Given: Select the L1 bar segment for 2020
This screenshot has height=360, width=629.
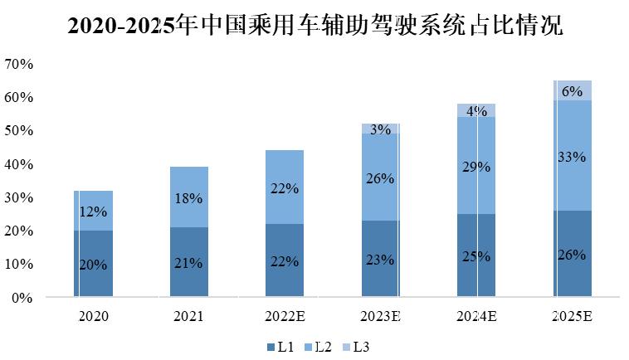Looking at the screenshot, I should click(93, 263).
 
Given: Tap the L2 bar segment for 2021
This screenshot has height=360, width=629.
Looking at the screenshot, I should click(189, 197).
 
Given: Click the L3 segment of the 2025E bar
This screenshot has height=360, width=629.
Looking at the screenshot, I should click(573, 90).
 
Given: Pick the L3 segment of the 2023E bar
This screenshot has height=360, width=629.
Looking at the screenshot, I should click(381, 129).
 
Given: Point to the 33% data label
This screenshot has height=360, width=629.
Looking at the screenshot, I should click(573, 157).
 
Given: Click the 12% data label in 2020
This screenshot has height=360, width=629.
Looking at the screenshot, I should click(93, 212).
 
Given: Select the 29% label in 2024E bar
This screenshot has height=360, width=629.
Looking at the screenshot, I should click(477, 167).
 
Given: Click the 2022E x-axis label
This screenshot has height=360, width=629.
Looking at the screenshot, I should click(285, 316).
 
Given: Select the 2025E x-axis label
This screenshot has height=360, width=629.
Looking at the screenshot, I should click(573, 316).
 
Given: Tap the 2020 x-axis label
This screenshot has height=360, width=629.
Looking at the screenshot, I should click(93, 316).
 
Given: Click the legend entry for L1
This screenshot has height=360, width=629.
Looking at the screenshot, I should click(279, 347).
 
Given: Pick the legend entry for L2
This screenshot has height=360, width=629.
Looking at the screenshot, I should click(319, 347).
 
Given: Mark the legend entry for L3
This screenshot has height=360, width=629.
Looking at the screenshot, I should click(359, 347).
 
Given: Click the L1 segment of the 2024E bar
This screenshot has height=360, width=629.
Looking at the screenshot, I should click(477, 255).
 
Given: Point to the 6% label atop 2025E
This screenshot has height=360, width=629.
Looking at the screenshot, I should click(573, 92).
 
